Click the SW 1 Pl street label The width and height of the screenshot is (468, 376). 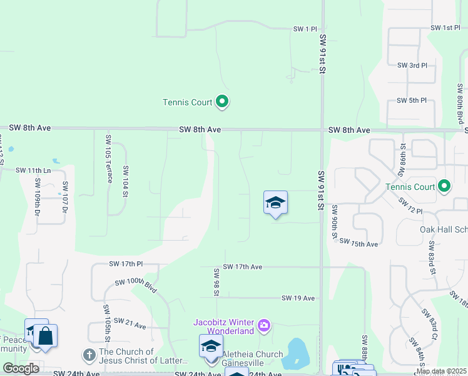(306, 29)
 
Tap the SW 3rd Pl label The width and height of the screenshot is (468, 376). (412, 65)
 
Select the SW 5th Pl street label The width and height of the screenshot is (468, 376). (412, 100)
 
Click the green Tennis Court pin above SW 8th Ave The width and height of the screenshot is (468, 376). (221, 101)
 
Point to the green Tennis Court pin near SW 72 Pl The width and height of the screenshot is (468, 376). (444, 186)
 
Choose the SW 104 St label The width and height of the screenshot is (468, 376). (126, 182)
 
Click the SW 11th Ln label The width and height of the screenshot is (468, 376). (33, 170)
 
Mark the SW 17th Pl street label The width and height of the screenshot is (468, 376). (126, 264)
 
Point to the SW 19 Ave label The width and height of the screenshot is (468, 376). (298, 298)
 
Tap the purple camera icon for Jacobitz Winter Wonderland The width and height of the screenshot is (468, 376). (263, 325)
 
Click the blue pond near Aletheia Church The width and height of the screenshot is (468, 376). (295, 354)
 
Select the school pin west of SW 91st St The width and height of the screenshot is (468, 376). (275, 203)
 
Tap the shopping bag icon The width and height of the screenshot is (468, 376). (46, 336)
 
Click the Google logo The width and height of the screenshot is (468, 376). (21, 368)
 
